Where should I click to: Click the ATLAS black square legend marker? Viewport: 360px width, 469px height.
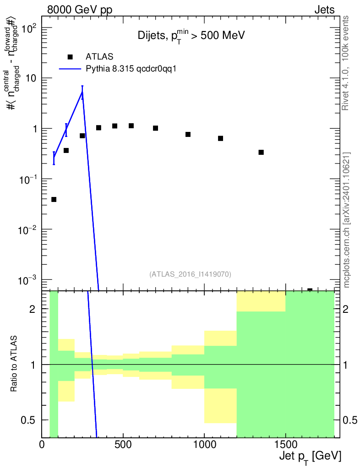click(x=70, y=57)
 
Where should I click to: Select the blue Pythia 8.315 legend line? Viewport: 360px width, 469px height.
click(x=70, y=69)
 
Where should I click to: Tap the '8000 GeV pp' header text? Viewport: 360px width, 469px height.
click(x=80, y=10)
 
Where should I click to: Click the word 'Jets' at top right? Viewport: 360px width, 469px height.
click(x=324, y=10)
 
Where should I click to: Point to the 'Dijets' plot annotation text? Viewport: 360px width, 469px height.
click(x=151, y=36)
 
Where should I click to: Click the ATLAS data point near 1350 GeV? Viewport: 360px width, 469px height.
click(x=261, y=152)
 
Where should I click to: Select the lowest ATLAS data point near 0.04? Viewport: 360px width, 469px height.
click(x=54, y=200)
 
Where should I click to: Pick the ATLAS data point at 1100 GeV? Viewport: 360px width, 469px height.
click(x=221, y=138)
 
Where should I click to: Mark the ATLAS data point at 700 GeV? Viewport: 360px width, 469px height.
click(x=155, y=128)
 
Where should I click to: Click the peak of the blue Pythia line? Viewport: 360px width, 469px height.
click(x=82, y=92)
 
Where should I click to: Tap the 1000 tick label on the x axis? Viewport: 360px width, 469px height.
click(x=204, y=444)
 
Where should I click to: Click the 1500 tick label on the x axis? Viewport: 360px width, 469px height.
click(x=285, y=444)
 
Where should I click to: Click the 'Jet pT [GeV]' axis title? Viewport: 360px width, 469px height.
click(x=310, y=457)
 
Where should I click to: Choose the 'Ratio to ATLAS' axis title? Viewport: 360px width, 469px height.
click(x=13, y=364)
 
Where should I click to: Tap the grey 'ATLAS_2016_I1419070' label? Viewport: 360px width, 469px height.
click(x=190, y=274)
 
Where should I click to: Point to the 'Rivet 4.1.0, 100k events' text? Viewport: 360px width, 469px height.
click(x=345, y=63)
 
